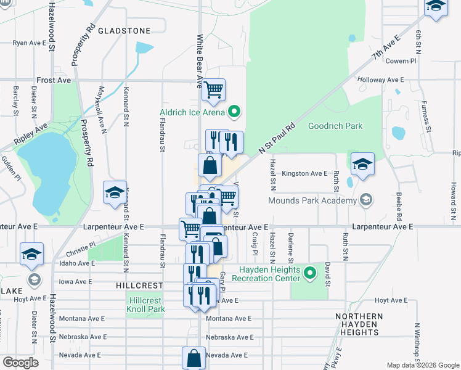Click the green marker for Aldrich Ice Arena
pyautogui.click(x=234, y=112)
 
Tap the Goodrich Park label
pyautogui.click(x=335, y=126)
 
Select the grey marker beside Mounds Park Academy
pyautogui.click(x=367, y=200)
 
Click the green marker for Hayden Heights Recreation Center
pyautogui.click(x=311, y=272)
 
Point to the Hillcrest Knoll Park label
pyautogui.click(x=145, y=305)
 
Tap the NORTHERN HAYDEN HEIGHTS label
pyautogui.click(x=359, y=324)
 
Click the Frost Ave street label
pyautogui.click(x=54, y=80)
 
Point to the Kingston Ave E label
pyautogui.click(x=304, y=174)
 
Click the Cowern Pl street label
pyautogui.click(x=401, y=61)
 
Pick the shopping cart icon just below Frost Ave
pyautogui.click(x=213, y=89)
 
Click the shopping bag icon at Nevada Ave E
pyautogui.click(x=194, y=357)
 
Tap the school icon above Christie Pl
pyautogui.click(x=115, y=192)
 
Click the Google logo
pyautogui.click(x=21, y=363)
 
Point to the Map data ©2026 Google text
pyautogui.click(x=422, y=365)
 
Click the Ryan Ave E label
pyautogui.click(x=30, y=43)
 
